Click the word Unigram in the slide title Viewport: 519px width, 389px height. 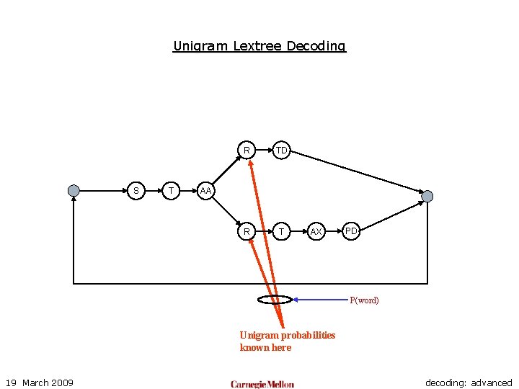198,46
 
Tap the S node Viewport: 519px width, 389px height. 136,191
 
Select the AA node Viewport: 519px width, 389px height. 205,191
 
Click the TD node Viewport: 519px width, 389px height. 281,151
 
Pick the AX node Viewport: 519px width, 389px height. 316,232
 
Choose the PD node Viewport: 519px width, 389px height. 351,232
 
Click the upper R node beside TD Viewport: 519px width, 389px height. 247,151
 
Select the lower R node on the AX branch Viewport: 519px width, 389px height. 247,232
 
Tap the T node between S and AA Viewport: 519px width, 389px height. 171,191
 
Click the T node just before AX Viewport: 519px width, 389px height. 282,232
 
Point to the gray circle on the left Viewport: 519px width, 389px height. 74,191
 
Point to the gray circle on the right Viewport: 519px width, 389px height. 427,196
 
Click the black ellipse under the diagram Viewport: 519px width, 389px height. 275,300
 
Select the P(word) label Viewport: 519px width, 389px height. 364,300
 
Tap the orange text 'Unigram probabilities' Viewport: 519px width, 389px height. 287,335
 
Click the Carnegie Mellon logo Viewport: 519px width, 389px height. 262,384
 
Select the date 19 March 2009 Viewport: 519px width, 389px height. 40,383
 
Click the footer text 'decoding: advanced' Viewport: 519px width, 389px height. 469,383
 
